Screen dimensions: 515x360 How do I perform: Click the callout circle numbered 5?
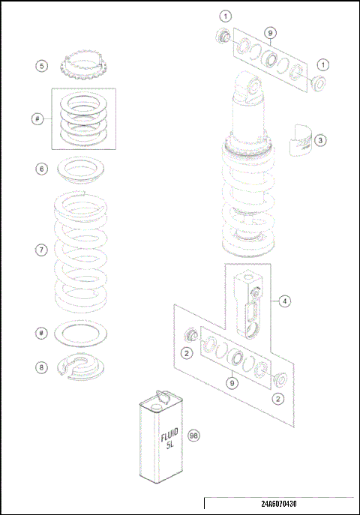tap(42, 66)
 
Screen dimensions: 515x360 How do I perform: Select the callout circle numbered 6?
tap(42, 169)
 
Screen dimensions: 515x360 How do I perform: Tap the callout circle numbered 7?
tap(42, 250)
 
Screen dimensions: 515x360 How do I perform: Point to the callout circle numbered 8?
tap(42, 367)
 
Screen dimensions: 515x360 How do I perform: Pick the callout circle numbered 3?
tap(319, 139)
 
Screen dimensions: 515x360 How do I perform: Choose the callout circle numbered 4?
tap(285, 301)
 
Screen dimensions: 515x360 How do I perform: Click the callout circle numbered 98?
tap(193, 436)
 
